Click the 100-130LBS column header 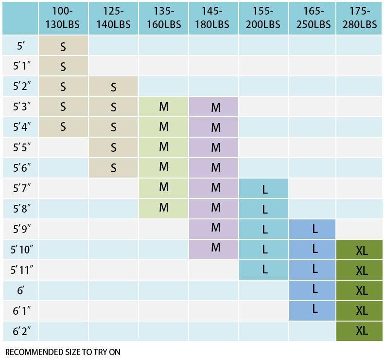[63, 18]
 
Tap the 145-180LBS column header [213, 18]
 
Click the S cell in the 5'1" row [63, 67]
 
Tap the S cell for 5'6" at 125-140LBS [113, 167]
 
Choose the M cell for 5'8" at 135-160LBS [163, 207]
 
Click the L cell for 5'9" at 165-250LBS [314, 229]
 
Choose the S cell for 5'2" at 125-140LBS [113, 87]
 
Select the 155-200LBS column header [263, 18]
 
